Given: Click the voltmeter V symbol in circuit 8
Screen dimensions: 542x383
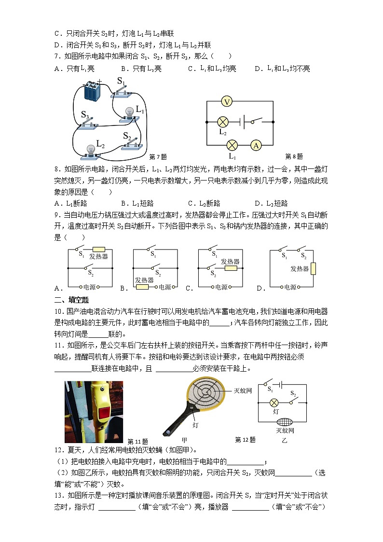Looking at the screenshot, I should [228, 101].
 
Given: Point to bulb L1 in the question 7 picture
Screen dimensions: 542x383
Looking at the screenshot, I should [129, 112].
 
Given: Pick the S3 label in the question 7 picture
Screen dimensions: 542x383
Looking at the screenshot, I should [85, 115].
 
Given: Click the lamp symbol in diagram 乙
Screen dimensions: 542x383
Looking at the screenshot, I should [275, 402].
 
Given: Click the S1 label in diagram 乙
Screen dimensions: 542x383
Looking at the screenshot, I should [270, 388].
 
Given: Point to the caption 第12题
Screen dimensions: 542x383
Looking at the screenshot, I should [245, 440].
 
